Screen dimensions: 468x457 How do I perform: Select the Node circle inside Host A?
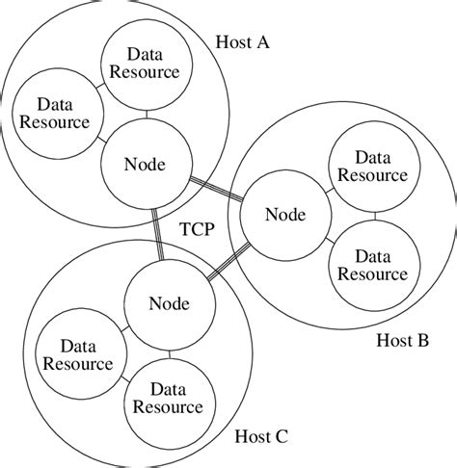click(x=146, y=164)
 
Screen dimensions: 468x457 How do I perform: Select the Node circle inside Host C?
click(x=170, y=304)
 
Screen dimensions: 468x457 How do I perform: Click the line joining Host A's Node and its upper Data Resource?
click(x=147, y=113)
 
